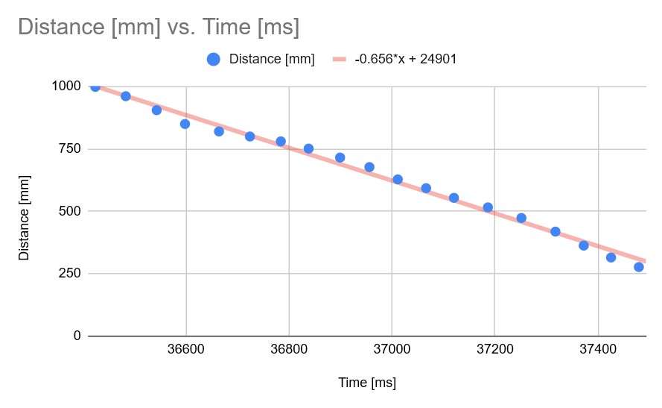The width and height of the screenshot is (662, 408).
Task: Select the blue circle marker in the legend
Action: (213, 59)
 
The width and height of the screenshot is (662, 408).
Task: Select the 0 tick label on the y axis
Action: (77, 336)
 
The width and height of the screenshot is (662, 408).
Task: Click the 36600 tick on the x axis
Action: (185, 350)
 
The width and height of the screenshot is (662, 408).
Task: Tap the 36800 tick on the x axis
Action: (289, 350)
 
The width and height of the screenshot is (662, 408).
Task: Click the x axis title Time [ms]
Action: (367, 383)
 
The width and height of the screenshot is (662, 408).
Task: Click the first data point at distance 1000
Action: (95, 87)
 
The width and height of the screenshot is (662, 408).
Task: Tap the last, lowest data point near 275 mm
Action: (639, 267)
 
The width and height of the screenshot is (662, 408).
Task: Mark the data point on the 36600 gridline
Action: (185, 124)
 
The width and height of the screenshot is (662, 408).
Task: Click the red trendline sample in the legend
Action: (340, 59)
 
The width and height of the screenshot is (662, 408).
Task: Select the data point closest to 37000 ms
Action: (398, 179)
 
